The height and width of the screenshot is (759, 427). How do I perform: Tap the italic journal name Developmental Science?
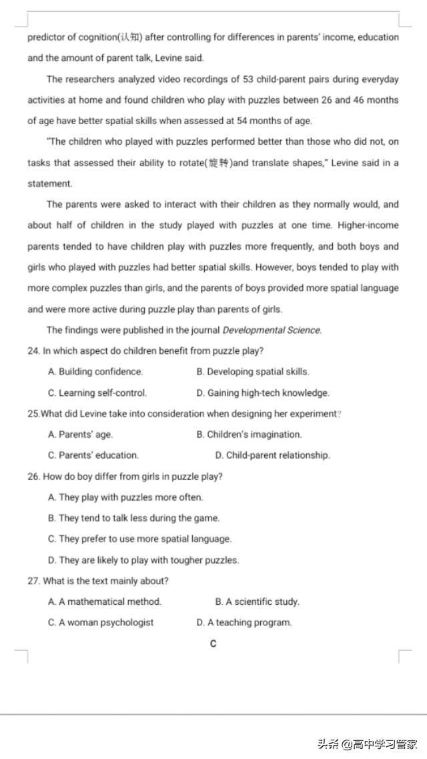coord(272,330)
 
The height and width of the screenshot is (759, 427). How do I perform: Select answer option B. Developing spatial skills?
coord(253,372)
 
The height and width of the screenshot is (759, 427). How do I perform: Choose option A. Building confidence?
coord(95,372)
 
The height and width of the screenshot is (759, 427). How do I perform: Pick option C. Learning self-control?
coord(97,393)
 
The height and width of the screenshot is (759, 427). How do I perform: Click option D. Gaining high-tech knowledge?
coord(263,393)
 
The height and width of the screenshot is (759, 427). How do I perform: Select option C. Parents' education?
coord(93,455)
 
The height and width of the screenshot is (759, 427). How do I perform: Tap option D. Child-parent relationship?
coord(272,455)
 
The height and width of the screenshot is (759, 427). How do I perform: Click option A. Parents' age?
coord(81,435)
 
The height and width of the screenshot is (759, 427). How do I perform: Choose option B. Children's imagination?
coord(249,435)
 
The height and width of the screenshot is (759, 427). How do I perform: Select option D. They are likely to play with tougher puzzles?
coord(143,560)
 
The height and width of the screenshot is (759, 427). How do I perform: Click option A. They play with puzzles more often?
coord(125,497)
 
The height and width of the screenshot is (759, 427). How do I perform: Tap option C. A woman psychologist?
coord(101,622)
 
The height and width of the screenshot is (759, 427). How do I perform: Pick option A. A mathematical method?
coord(105,601)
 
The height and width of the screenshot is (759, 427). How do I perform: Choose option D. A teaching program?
coord(244,622)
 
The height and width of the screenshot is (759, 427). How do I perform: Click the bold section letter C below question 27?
coord(213,644)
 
